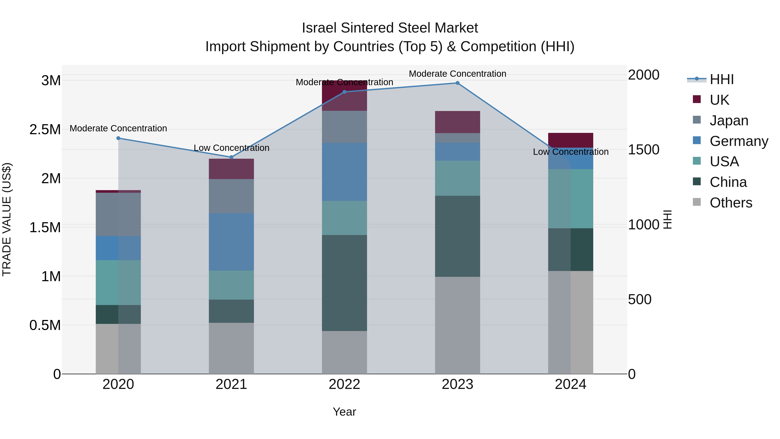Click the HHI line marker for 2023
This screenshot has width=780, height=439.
(x=458, y=83)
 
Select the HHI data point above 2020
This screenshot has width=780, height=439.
(x=118, y=138)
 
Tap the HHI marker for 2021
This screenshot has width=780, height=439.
(x=231, y=157)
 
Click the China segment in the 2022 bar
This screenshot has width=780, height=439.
(x=344, y=283)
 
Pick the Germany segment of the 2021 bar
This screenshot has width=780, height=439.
(x=231, y=242)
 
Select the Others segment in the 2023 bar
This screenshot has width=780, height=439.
(x=458, y=325)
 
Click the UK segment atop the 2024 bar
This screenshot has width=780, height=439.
(x=570, y=140)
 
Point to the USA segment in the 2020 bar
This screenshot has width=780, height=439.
(x=118, y=282)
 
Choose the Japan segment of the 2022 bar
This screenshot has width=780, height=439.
(x=344, y=127)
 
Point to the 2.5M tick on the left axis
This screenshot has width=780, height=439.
(x=45, y=130)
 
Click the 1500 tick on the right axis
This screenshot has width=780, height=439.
(x=643, y=150)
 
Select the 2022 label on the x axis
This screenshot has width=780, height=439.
(x=344, y=384)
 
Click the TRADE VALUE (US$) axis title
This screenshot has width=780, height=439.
(x=7, y=219)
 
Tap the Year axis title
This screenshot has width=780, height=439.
(x=344, y=412)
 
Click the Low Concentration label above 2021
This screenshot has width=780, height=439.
(x=231, y=148)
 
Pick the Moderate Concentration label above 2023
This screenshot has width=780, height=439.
(x=458, y=74)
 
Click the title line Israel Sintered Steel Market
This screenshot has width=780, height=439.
(x=390, y=28)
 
